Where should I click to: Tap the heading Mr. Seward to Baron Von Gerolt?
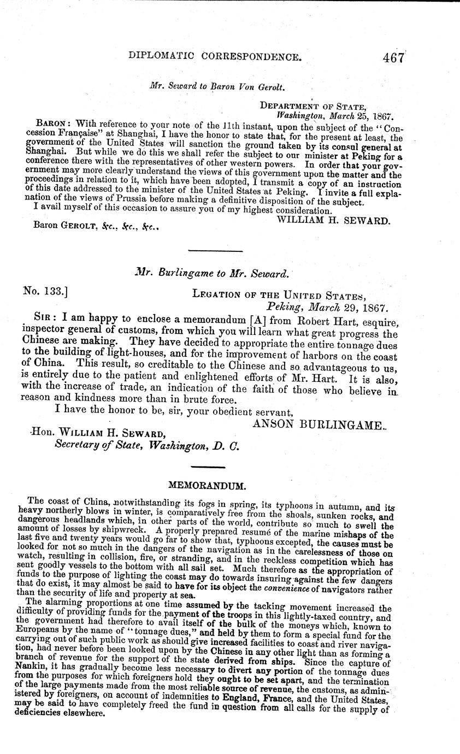[219, 85]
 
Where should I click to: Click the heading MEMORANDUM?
[207, 485]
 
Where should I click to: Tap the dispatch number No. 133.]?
[45, 293]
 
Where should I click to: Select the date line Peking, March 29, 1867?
[326, 308]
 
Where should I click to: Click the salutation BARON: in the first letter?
[51, 123]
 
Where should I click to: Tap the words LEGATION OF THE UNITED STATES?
[278, 294]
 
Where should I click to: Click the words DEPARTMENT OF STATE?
[313, 106]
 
